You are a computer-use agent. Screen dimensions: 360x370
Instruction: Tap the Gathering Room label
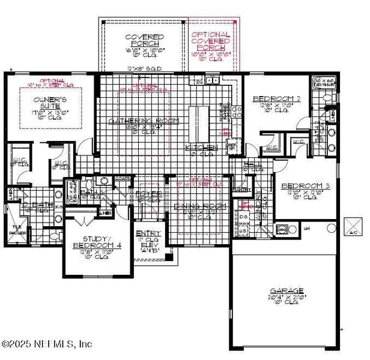(136, 121)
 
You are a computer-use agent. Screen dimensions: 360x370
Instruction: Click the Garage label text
(287, 290)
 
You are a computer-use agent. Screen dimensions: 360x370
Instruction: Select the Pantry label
(243, 190)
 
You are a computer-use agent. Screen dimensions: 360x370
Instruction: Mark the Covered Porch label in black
(144, 41)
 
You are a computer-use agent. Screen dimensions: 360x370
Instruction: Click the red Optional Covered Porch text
(210, 41)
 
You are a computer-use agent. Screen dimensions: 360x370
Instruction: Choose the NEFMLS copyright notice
(47, 344)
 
